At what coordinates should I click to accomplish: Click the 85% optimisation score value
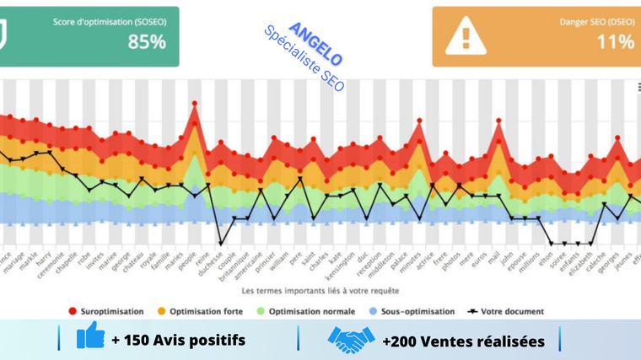tap(147, 41)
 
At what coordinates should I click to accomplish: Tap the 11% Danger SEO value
tap(615, 41)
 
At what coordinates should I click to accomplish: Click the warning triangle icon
tap(466, 36)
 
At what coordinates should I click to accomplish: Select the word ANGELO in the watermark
tap(315, 44)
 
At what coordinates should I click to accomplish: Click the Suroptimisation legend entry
tap(106, 311)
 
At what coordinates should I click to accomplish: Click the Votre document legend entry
tap(506, 311)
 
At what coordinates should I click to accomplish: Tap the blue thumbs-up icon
tap(90, 337)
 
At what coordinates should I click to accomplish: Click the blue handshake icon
tap(351, 339)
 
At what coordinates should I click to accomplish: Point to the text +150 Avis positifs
tap(178, 340)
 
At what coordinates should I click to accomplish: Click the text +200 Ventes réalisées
tap(463, 341)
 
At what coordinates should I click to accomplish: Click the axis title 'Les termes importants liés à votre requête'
tap(320, 291)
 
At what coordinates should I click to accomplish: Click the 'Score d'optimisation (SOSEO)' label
tap(110, 21)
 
